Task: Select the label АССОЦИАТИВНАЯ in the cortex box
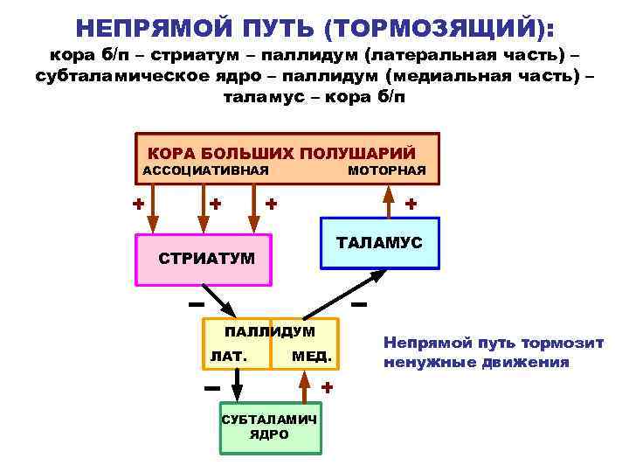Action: (204, 170)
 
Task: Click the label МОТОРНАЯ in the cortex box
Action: (387, 170)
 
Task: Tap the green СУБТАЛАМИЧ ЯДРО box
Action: (269, 427)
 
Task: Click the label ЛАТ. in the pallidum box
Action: (229, 356)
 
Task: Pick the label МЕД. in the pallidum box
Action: (312, 356)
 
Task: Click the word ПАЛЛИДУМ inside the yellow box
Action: (270, 332)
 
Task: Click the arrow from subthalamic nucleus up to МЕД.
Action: (304, 385)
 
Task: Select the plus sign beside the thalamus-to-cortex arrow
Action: (410, 204)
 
